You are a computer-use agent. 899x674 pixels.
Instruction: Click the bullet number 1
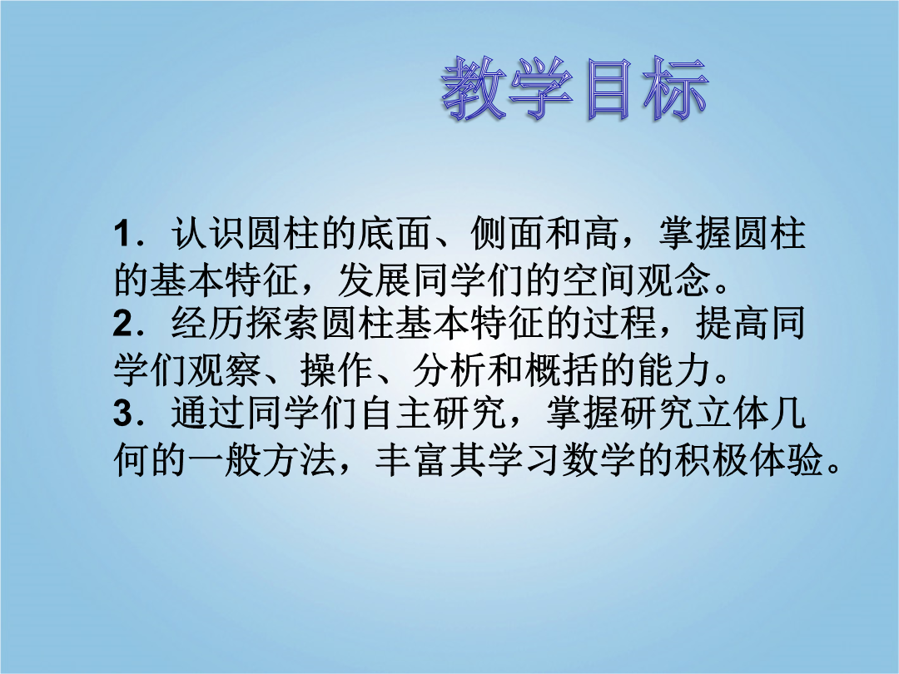tap(124, 235)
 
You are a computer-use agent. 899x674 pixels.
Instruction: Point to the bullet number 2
tap(124, 325)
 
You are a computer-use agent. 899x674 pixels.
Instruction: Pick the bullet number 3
tap(124, 414)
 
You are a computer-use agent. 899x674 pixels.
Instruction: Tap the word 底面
tap(395, 234)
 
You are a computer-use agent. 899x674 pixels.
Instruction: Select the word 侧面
tap(507, 234)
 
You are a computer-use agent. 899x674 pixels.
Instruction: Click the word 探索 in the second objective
tap(282, 324)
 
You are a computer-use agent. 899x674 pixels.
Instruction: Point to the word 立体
tap(732, 414)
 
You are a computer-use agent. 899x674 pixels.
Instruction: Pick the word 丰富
tap(413, 459)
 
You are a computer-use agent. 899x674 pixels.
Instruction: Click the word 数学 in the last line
tap(599, 459)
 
